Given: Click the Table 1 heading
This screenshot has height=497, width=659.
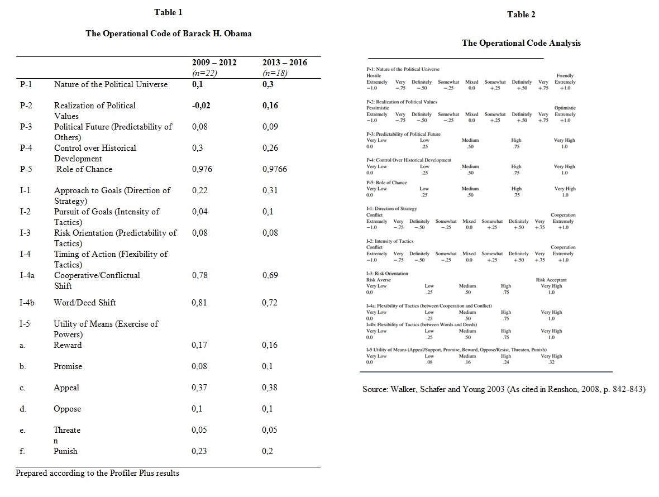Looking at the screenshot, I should pyautogui.click(x=168, y=12).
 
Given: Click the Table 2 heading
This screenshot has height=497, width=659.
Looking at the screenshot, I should pyautogui.click(x=521, y=15).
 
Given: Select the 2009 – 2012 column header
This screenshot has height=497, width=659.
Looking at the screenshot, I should pyautogui.click(x=214, y=63).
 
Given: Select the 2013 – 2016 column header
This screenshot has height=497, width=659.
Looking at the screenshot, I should pyautogui.click(x=284, y=63).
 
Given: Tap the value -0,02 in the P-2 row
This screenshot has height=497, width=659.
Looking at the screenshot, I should pyautogui.click(x=202, y=106).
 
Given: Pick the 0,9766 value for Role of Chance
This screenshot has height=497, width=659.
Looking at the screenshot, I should pyautogui.click(x=275, y=169).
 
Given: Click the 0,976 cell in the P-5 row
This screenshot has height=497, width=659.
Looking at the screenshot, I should pyautogui.click(x=202, y=169).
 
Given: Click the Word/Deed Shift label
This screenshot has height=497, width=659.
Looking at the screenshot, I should pyautogui.click(x=85, y=303).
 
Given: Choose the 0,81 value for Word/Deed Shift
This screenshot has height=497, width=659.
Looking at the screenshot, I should pyautogui.click(x=199, y=303).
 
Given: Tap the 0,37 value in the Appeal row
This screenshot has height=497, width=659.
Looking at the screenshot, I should pyautogui.click(x=199, y=388).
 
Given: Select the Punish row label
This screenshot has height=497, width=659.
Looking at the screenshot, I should pyautogui.click(x=65, y=451).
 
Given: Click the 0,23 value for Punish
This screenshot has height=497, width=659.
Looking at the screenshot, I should pyautogui.click(x=199, y=451).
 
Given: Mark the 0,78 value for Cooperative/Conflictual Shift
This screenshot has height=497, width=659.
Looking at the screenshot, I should pyautogui.click(x=199, y=275).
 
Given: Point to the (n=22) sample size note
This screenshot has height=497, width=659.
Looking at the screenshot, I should pyautogui.click(x=204, y=73).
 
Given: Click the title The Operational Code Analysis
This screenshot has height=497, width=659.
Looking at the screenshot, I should pyautogui.click(x=521, y=43).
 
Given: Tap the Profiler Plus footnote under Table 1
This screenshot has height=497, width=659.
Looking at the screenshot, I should pyautogui.click(x=98, y=473).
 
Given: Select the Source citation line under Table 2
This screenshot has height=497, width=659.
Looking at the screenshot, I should pyautogui.click(x=504, y=389).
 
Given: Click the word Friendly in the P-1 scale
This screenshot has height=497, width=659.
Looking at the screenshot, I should pyautogui.click(x=565, y=75).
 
